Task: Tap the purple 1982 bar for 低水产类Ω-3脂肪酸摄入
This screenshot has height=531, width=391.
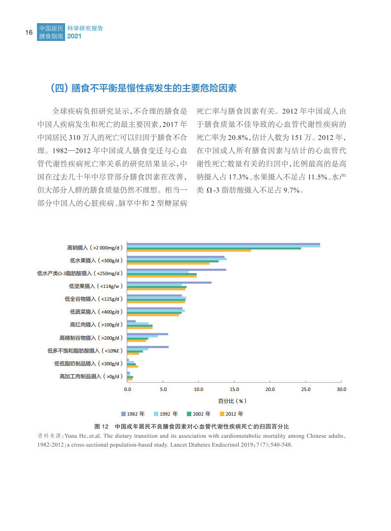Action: click(x=177, y=270)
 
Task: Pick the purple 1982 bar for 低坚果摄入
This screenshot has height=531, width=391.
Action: click(x=169, y=283)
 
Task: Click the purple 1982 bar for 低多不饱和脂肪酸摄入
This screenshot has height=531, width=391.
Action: click(x=148, y=347)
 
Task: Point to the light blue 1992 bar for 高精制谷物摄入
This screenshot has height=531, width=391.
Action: click(x=142, y=336)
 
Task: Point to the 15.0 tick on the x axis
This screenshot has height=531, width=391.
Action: click(x=234, y=389)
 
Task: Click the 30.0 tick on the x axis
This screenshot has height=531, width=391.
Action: click(x=341, y=389)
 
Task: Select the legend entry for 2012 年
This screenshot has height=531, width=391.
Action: click(x=231, y=414)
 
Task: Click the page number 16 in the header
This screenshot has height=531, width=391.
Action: click(x=29, y=33)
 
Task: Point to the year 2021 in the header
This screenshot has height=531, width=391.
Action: click(x=74, y=36)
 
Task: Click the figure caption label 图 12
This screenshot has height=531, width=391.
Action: click(x=101, y=426)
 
